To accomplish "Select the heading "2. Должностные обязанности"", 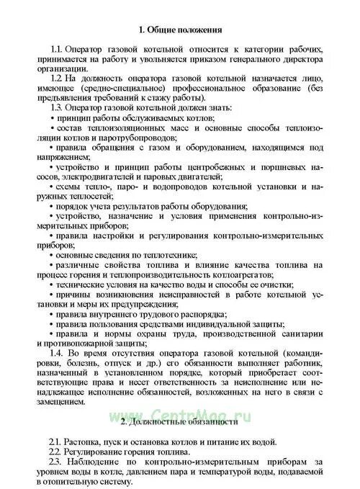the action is click(x=179, y=421).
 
